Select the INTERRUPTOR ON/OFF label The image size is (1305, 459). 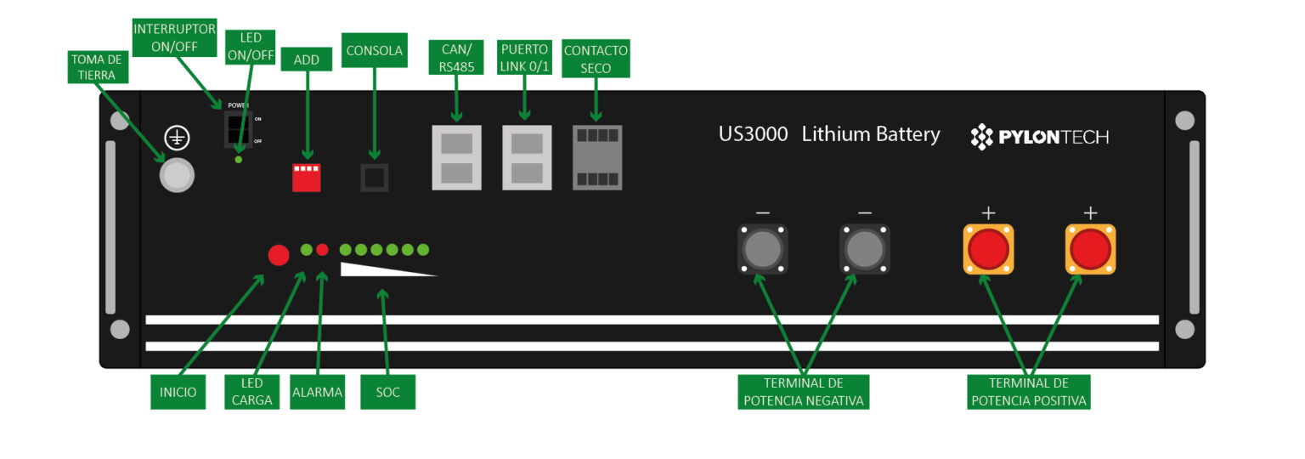[174, 37]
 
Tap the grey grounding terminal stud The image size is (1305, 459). [177, 175]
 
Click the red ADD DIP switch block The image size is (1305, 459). [306, 177]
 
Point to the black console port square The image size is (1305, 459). [375, 177]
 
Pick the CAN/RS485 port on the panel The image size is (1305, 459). [456, 158]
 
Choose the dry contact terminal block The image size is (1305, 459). [597, 158]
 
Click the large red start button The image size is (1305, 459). [279, 254]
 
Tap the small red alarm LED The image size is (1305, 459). [322, 250]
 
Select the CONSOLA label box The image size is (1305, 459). [375, 50]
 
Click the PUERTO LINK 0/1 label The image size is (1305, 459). [525, 57]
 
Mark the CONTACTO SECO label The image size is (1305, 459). [596, 58]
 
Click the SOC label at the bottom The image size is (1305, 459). [387, 393]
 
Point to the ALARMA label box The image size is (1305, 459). [317, 393]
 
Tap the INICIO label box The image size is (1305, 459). [178, 393]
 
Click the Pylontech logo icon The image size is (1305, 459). [982, 136]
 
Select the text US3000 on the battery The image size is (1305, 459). [753, 134]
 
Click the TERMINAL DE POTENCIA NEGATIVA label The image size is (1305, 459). [803, 392]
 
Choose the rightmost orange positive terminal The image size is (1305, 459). [1090, 249]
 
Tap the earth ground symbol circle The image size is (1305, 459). [176, 139]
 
